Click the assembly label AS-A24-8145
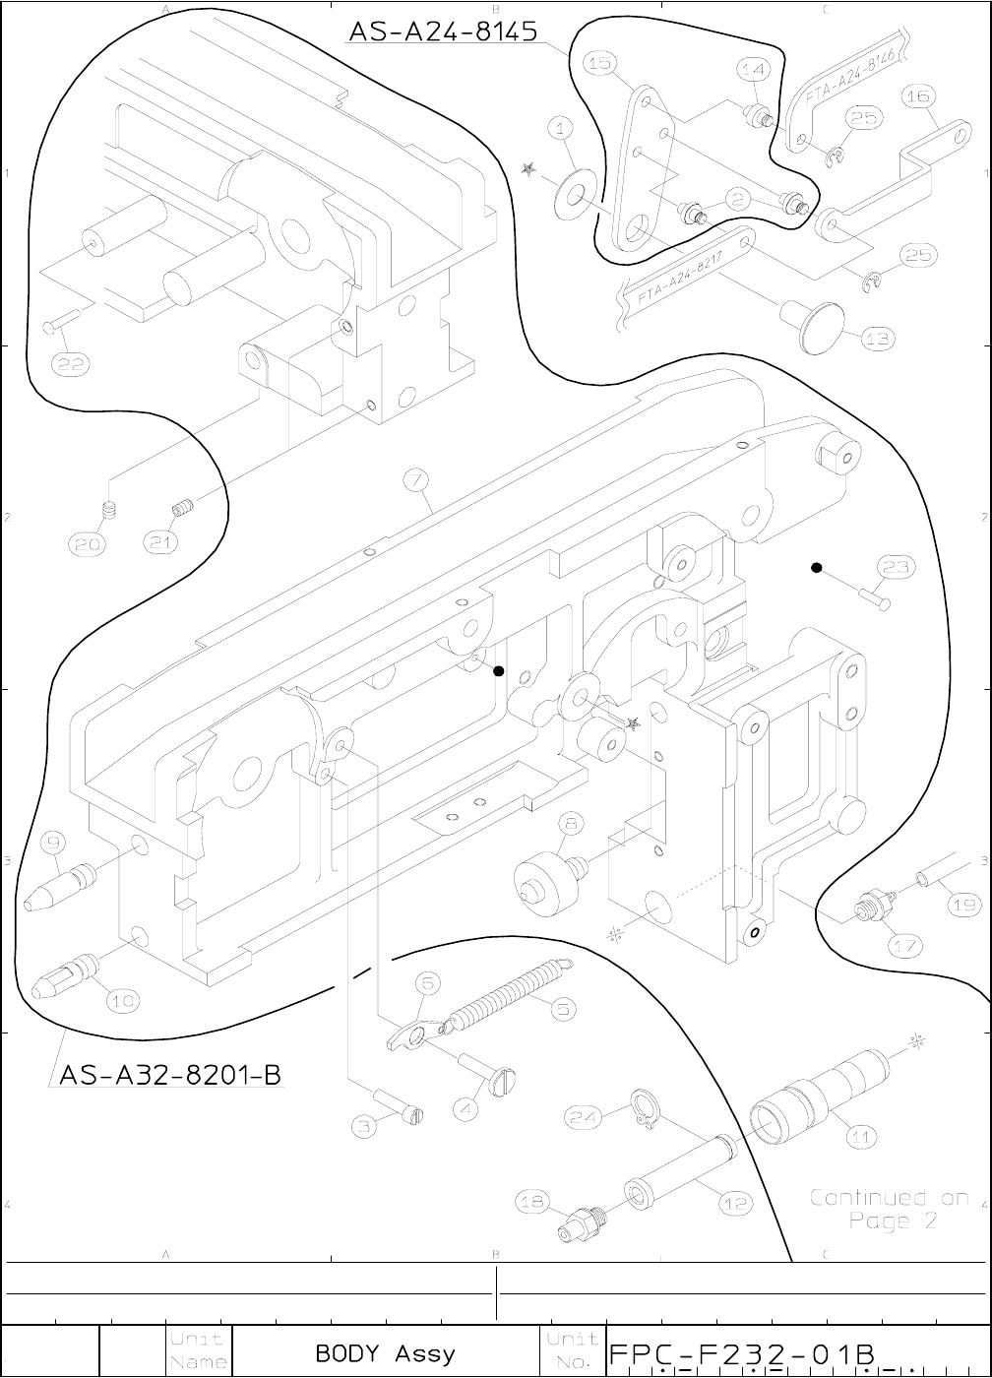443,31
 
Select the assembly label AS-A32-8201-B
170,1074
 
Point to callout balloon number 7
417,480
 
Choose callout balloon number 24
584,1116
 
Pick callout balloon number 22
72,364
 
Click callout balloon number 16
919,95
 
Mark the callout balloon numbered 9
54,843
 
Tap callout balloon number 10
122,1001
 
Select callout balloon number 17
905,946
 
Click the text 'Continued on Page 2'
889,1210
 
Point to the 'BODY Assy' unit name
386,1353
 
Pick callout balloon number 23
896,567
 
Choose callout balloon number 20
86,543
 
